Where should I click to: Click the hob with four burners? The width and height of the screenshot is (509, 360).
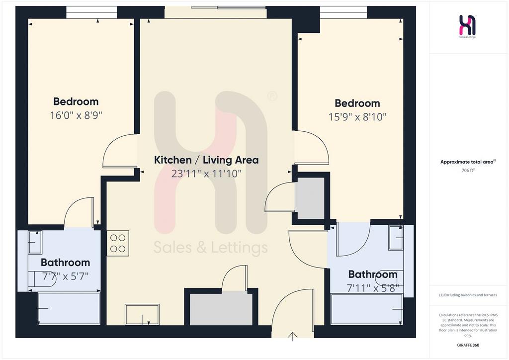click(x=118, y=243)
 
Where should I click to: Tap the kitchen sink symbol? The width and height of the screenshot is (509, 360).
click(x=142, y=314)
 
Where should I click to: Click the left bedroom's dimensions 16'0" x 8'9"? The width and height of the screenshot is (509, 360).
click(x=76, y=115)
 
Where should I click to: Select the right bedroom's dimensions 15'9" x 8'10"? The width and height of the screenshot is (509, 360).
click(x=357, y=117)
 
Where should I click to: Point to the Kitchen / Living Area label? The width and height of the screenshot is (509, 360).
click(x=206, y=160)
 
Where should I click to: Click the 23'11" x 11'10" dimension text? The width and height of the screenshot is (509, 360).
click(x=206, y=174)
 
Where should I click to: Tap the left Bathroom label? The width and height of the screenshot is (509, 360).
click(x=65, y=262)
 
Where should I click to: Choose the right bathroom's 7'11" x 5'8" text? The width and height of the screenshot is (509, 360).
click(x=373, y=288)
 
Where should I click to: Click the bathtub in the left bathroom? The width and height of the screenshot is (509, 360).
click(x=69, y=308)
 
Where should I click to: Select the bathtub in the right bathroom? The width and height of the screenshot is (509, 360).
click(x=366, y=309)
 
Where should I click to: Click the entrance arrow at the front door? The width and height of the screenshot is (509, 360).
click(x=293, y=337)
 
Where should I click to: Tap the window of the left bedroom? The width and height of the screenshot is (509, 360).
click(x=92, y=12)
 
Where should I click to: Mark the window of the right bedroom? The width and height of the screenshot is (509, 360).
click(x=343, y=12)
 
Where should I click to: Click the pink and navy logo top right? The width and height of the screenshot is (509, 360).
click(x=467, y=25)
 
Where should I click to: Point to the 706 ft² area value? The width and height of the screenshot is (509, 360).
click(x=468, y=170)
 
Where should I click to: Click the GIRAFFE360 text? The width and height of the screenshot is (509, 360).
click(x=468, y=345)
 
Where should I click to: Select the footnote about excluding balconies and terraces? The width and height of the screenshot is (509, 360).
click(x=468, y=295)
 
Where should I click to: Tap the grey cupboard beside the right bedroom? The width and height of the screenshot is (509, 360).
click(x=309, y=198)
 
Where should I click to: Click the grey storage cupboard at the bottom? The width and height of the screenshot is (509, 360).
click(x=221, y=308)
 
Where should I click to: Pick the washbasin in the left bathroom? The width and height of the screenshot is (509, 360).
click(x=35, y=242)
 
